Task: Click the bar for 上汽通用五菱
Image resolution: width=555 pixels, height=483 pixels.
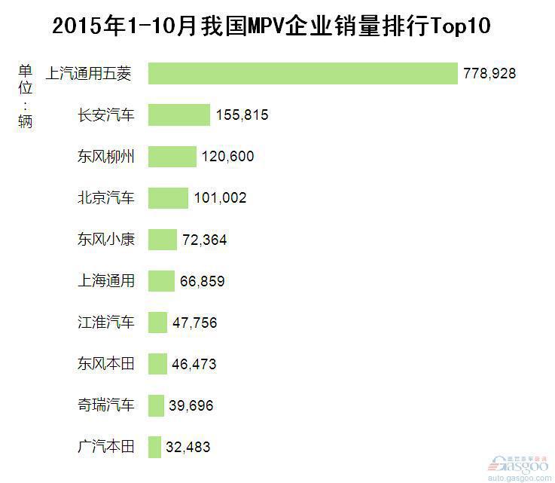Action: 303,73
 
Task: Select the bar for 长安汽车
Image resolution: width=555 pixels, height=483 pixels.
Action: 179,115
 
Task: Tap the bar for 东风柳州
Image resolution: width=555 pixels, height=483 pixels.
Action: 172,157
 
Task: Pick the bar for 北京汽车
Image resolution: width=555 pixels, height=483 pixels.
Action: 168,198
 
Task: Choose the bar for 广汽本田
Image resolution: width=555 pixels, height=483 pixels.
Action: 155,447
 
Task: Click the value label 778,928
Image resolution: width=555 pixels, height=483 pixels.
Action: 489,74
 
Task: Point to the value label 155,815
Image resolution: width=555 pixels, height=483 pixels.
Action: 242,115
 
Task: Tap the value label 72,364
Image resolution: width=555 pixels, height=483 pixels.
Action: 204,240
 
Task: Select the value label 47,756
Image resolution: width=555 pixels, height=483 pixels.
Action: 194,323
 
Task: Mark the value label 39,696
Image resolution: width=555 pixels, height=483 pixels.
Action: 192,406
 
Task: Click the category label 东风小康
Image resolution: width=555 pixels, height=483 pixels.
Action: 106,240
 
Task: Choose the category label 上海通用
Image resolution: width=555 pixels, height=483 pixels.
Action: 106,281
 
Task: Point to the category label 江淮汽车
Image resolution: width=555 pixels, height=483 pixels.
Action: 106,323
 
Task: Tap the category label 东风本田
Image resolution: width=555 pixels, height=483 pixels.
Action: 106,364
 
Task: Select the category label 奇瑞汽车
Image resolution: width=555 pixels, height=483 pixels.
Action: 106,405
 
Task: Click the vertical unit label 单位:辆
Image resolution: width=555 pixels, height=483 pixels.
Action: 26,96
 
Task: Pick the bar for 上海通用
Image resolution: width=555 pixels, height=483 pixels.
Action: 161,281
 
